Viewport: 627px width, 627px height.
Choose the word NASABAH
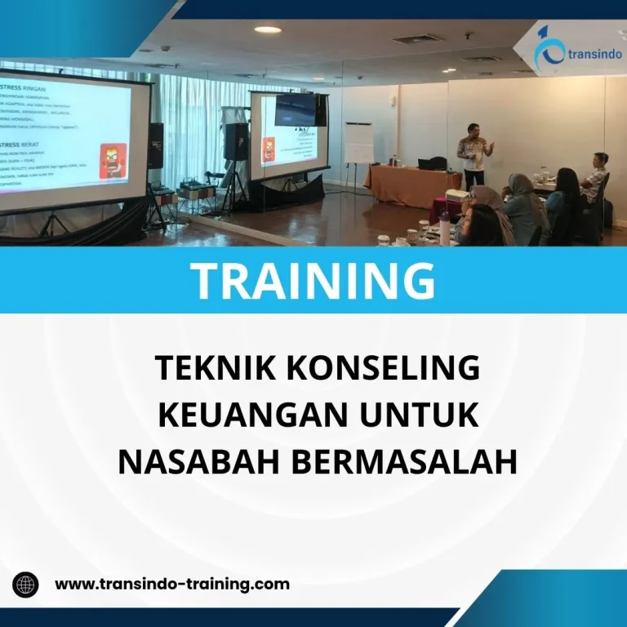click(x=199, y=462)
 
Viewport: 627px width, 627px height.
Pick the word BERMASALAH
click(x=404, y=462)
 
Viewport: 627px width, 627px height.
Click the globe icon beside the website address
click(x=25, y=585)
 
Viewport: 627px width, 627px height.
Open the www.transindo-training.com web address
click(x=172, y=585)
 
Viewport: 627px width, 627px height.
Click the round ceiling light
click(x=267, y=30)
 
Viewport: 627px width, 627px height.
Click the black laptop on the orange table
click(x=431, y=164)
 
